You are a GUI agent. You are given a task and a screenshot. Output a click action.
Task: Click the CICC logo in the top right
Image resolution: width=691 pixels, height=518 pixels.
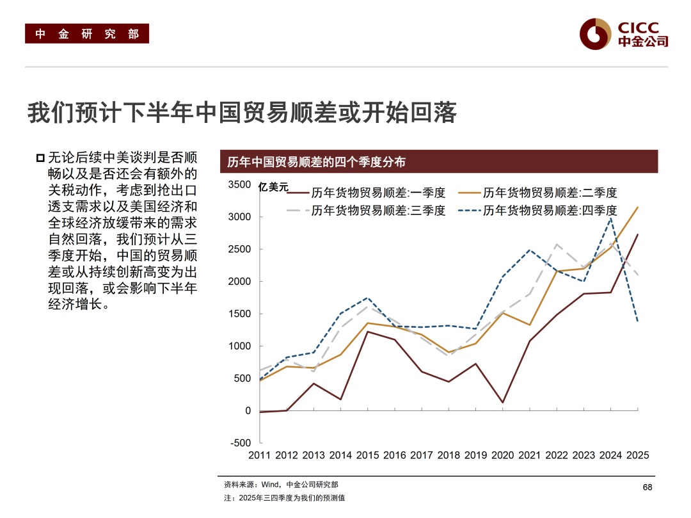pyautogui.click(x=623, y=34)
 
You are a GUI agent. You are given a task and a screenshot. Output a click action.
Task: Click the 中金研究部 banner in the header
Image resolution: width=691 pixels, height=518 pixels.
pyautogui.click(x=87, y=34)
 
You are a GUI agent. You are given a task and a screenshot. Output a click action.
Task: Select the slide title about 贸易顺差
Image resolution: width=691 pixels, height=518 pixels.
pyautogui.click(x=242, y=112)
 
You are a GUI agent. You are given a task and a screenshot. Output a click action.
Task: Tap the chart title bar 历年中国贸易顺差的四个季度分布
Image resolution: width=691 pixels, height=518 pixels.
pyautogui.click(x=438, y=162)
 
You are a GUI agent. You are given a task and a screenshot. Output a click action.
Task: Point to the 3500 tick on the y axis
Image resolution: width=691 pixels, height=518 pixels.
pyautogui.click(x=240, y=185)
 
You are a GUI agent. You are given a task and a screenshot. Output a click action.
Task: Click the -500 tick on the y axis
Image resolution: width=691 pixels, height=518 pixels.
pyautogui.click(x=240, y=443)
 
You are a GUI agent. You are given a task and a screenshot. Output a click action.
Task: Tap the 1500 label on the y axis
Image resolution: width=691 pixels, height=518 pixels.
pyautogui.click(x=240, y=314)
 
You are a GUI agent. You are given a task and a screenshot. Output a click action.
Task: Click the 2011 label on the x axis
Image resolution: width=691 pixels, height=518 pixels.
pyautogui.click(x=260, y=455)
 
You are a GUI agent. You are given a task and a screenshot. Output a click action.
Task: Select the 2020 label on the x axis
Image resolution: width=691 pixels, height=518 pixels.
pyautogui.click(x=503, y=455)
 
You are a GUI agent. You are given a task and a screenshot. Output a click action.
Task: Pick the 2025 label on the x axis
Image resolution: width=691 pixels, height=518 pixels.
pyautogui.click(x=637, y=455)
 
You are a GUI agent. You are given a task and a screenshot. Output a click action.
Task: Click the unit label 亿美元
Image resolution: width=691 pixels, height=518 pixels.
pyautogui.click(x=273, y=188)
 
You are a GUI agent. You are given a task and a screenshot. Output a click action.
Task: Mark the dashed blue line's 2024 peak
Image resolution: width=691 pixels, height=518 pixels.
pyautogui.click(x=611, y=218)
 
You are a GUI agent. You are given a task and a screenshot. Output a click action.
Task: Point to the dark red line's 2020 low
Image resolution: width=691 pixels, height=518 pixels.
pyautogui.click(x=503, y=402)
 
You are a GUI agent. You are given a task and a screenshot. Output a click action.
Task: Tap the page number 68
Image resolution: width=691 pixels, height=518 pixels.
pyautogui.click(x=647, y=488)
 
